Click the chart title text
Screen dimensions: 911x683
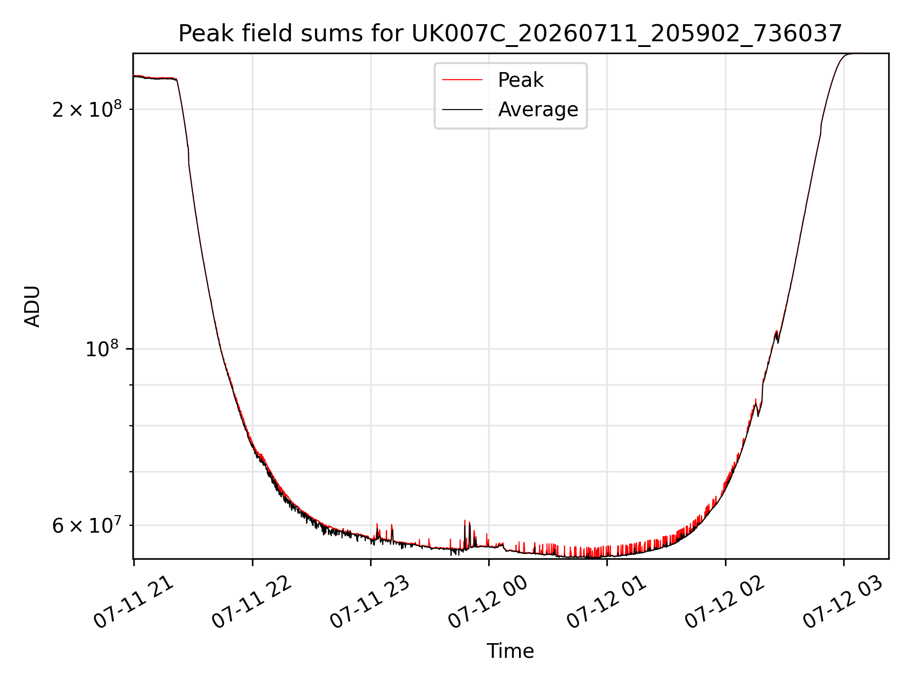(x=510, y=34)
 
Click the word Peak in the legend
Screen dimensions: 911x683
(x=521, y=80)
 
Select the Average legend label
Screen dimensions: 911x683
(x=538, y=110)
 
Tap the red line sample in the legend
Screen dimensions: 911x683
(x=462, y=80)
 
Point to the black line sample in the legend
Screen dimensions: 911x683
(x=462, y=110)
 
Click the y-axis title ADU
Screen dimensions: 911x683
(x=32, y=306)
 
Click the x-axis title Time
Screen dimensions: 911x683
(x=510, y=651)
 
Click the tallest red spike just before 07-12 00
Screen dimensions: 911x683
(x=465, y=521)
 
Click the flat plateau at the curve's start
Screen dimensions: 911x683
(x=155, y=77)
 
